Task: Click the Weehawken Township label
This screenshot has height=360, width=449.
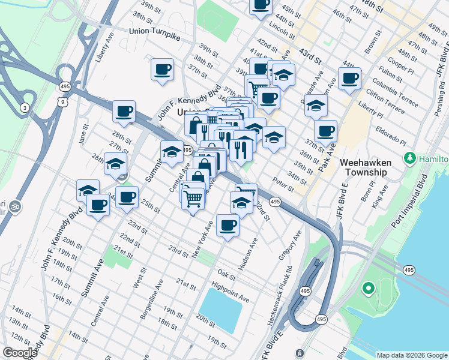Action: [365, 167]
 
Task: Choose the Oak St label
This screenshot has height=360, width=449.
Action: [226, 274]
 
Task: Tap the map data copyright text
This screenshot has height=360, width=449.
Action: [411, 355]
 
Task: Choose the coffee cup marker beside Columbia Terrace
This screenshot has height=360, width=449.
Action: [349, 78]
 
